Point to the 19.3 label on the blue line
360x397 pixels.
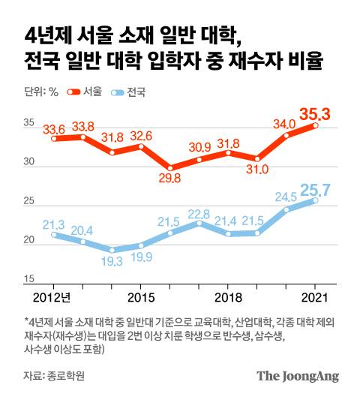click(x=112, y=262)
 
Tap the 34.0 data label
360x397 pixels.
click(x=284, y=123)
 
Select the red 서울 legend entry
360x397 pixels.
click(x=84, y=92)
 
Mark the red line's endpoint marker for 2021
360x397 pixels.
click(x=315, y=125)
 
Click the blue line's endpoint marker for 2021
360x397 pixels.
click(x=315, y=200)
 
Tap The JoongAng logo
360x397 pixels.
click(x=298, y=374)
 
